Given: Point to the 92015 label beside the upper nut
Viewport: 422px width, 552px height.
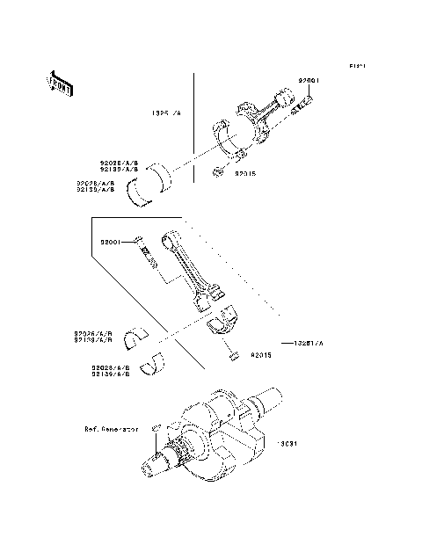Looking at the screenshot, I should [x=246, y=175].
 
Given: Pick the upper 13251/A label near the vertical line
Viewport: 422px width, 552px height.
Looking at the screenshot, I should [x=164, y=113].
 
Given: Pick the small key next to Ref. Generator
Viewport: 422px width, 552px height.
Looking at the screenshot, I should [x=155, y=428].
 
